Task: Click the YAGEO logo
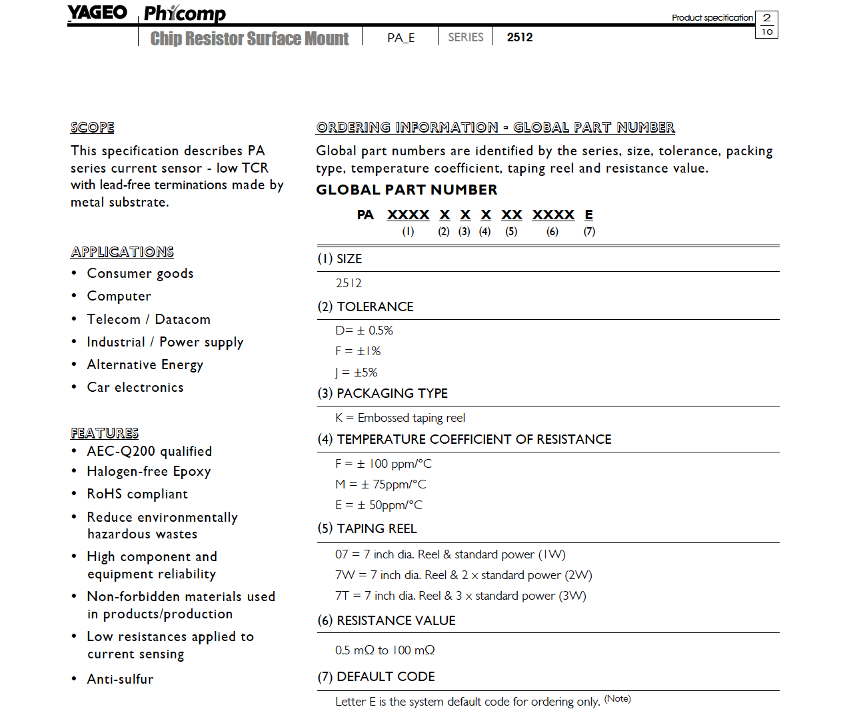tap(97, 13)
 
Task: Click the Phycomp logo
tap(185, 13)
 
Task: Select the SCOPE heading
tap(93, 127)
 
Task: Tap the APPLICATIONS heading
tap(123, 252)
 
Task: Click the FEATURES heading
tap(105, 433)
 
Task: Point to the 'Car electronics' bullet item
tap(135, 388)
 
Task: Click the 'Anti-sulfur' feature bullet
tap(121, 679)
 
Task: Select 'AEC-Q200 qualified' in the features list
tap(149, 451)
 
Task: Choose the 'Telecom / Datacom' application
tap(149, 319)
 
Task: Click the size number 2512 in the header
tap(520, 37)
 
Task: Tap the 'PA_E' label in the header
tap(401, 37)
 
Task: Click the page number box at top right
tap(767, 25)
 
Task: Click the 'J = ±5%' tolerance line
tap(357, 372)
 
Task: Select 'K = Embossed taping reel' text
tap(401, 418)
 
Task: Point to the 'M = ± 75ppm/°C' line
tap(381, 484)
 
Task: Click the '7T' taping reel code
tap(342, 596)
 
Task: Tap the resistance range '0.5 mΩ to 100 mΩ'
tap(385, 650)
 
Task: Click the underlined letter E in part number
tap(589, 215)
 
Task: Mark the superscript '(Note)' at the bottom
tap(618, 698)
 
